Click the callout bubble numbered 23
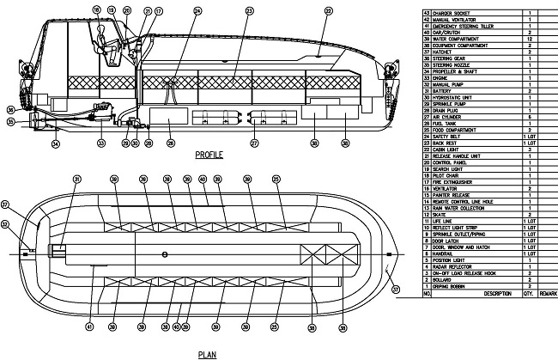click(249, 10)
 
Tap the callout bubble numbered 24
click(198, 10)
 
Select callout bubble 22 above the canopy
click(327, 10)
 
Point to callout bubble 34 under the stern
click(56, 143)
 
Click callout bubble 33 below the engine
click(100, 143)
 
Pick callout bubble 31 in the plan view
click(76, 179)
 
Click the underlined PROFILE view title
click(209, 156)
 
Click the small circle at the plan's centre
click(164, 254)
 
